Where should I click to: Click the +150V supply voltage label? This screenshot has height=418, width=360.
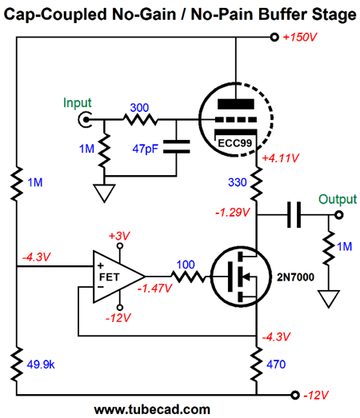[x=300, y=37]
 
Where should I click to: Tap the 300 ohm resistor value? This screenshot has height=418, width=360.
[x=139, y=108]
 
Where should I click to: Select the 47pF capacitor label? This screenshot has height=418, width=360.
[x=146, y=149]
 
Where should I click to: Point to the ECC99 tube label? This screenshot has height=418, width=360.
[x=235, y=143]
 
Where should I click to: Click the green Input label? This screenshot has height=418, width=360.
[x=78, y=103]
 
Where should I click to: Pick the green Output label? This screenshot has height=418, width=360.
[x=338, y=199]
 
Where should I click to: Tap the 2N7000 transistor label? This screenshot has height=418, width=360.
[x=295, y=277]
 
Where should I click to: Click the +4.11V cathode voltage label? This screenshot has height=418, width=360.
[x=281, y=158]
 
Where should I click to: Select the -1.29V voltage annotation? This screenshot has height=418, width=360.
[x=233, y=213]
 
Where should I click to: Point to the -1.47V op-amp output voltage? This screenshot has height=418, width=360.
[x=154, y=289]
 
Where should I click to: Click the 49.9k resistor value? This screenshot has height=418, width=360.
[x=41, y=364]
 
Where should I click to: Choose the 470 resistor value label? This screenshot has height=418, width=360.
[x=276, y=364]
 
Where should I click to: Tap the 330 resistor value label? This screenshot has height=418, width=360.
[x=238, y=182]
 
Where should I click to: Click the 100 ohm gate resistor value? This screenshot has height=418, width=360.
[x=186, y=265]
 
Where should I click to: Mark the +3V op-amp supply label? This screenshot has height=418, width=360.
[x=119, y=236]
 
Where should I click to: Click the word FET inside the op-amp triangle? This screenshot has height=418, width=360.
[x=109, y=277]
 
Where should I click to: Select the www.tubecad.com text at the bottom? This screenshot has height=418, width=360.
[x=152, y=409]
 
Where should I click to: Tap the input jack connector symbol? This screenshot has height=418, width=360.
[x=85, y=119]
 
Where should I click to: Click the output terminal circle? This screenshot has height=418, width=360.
[x=339, y=215]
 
